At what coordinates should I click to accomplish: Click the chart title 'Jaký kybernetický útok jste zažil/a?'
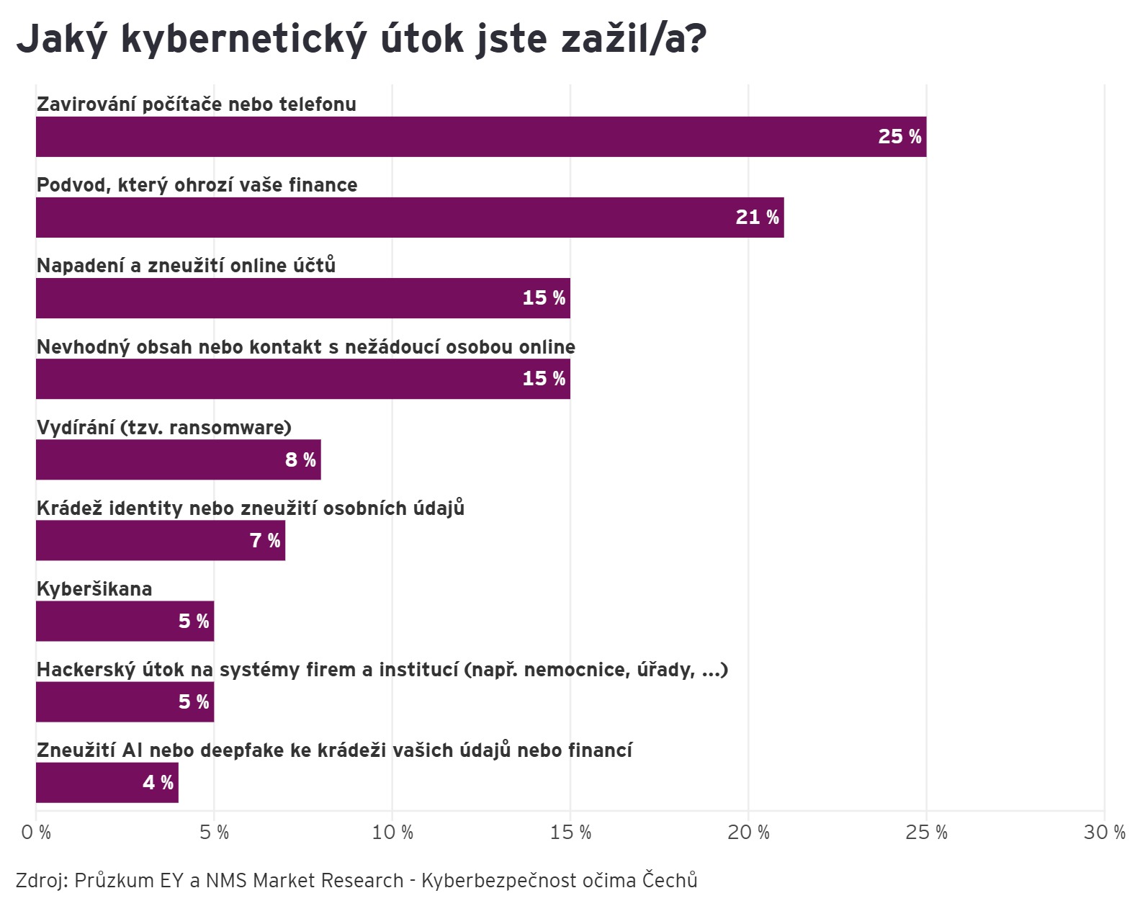coord(361,38)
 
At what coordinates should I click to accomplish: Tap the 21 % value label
coord(757,217)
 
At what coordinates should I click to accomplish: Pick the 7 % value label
coord(265,540)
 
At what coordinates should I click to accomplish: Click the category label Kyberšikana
coord(94,589)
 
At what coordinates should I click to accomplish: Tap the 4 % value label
coord(158,782)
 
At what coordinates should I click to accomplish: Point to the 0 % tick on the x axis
coord(36,833)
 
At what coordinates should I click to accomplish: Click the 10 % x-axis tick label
coord(392,833)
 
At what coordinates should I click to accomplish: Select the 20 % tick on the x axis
coord(748,833)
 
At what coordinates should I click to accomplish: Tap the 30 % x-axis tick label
coord(1105,833)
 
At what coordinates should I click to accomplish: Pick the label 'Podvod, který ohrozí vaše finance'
coord(197,185)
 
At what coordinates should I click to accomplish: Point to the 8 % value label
coord(300,459)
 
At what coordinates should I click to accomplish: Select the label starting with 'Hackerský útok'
coord(382,670)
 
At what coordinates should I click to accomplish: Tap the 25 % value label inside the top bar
coord(899,137)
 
